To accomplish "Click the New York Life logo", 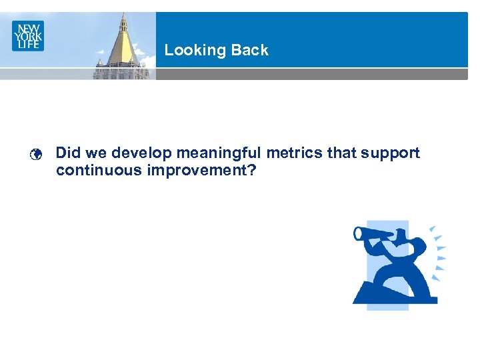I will point(28,35).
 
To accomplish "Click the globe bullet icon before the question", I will point(37,155).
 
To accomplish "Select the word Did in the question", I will point(67,153).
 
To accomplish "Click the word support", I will point(391,153).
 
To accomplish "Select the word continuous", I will point(99,170).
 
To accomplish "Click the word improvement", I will point(197,170).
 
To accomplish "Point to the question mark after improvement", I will point(252,170).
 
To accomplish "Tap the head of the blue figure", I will point(401,234).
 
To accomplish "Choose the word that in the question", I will point(342,153).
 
